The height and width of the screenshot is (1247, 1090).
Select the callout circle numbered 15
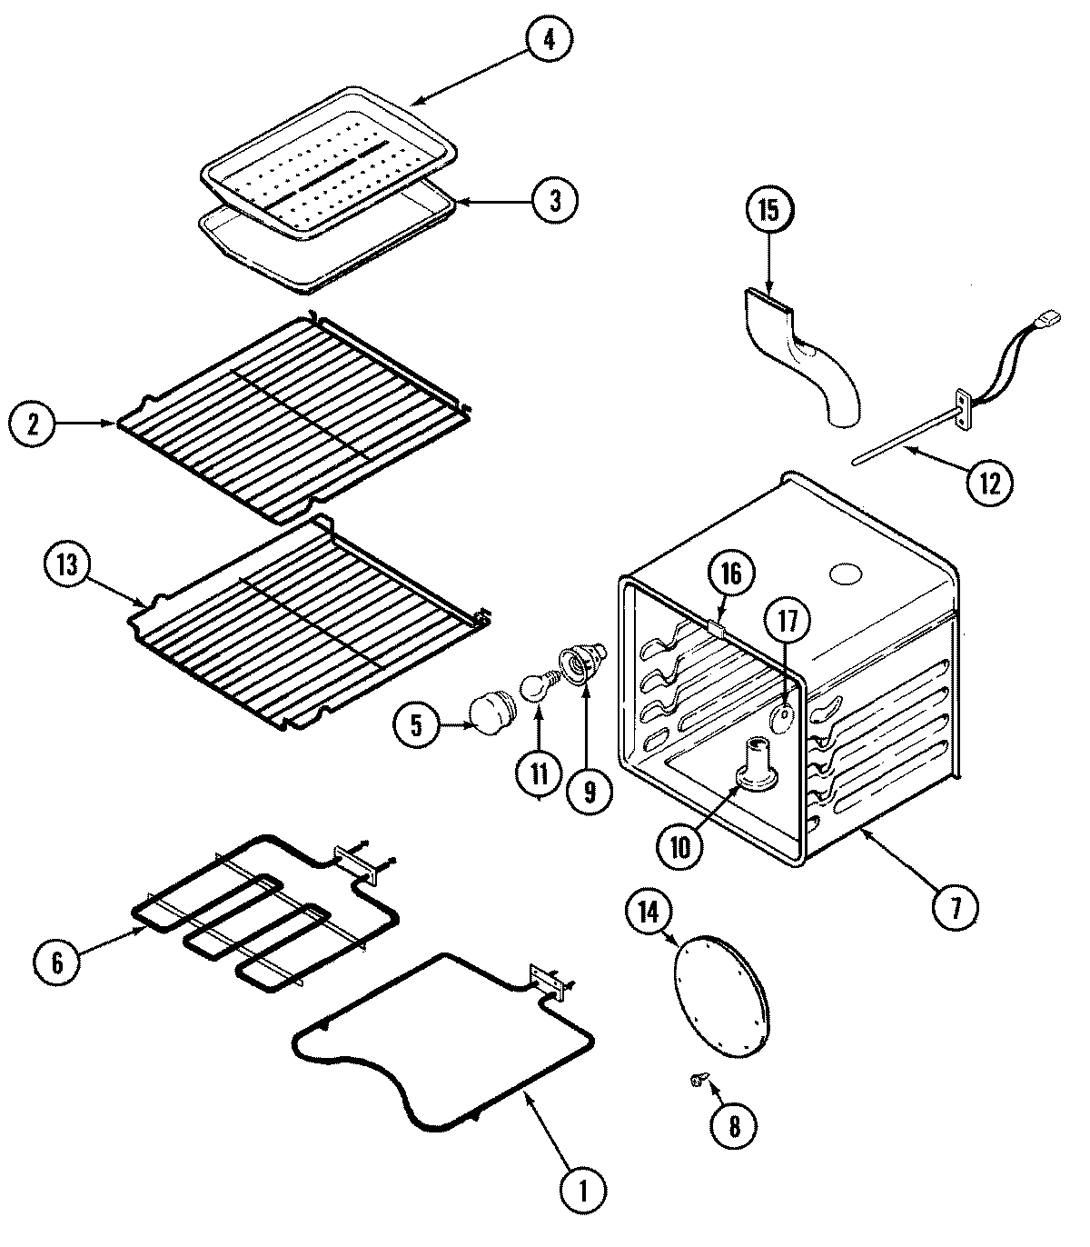point(768,211)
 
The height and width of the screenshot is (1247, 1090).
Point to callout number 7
point(952,908)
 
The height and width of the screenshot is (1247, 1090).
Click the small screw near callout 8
point(697,1078)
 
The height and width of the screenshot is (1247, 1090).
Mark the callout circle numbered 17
point(787,621)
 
